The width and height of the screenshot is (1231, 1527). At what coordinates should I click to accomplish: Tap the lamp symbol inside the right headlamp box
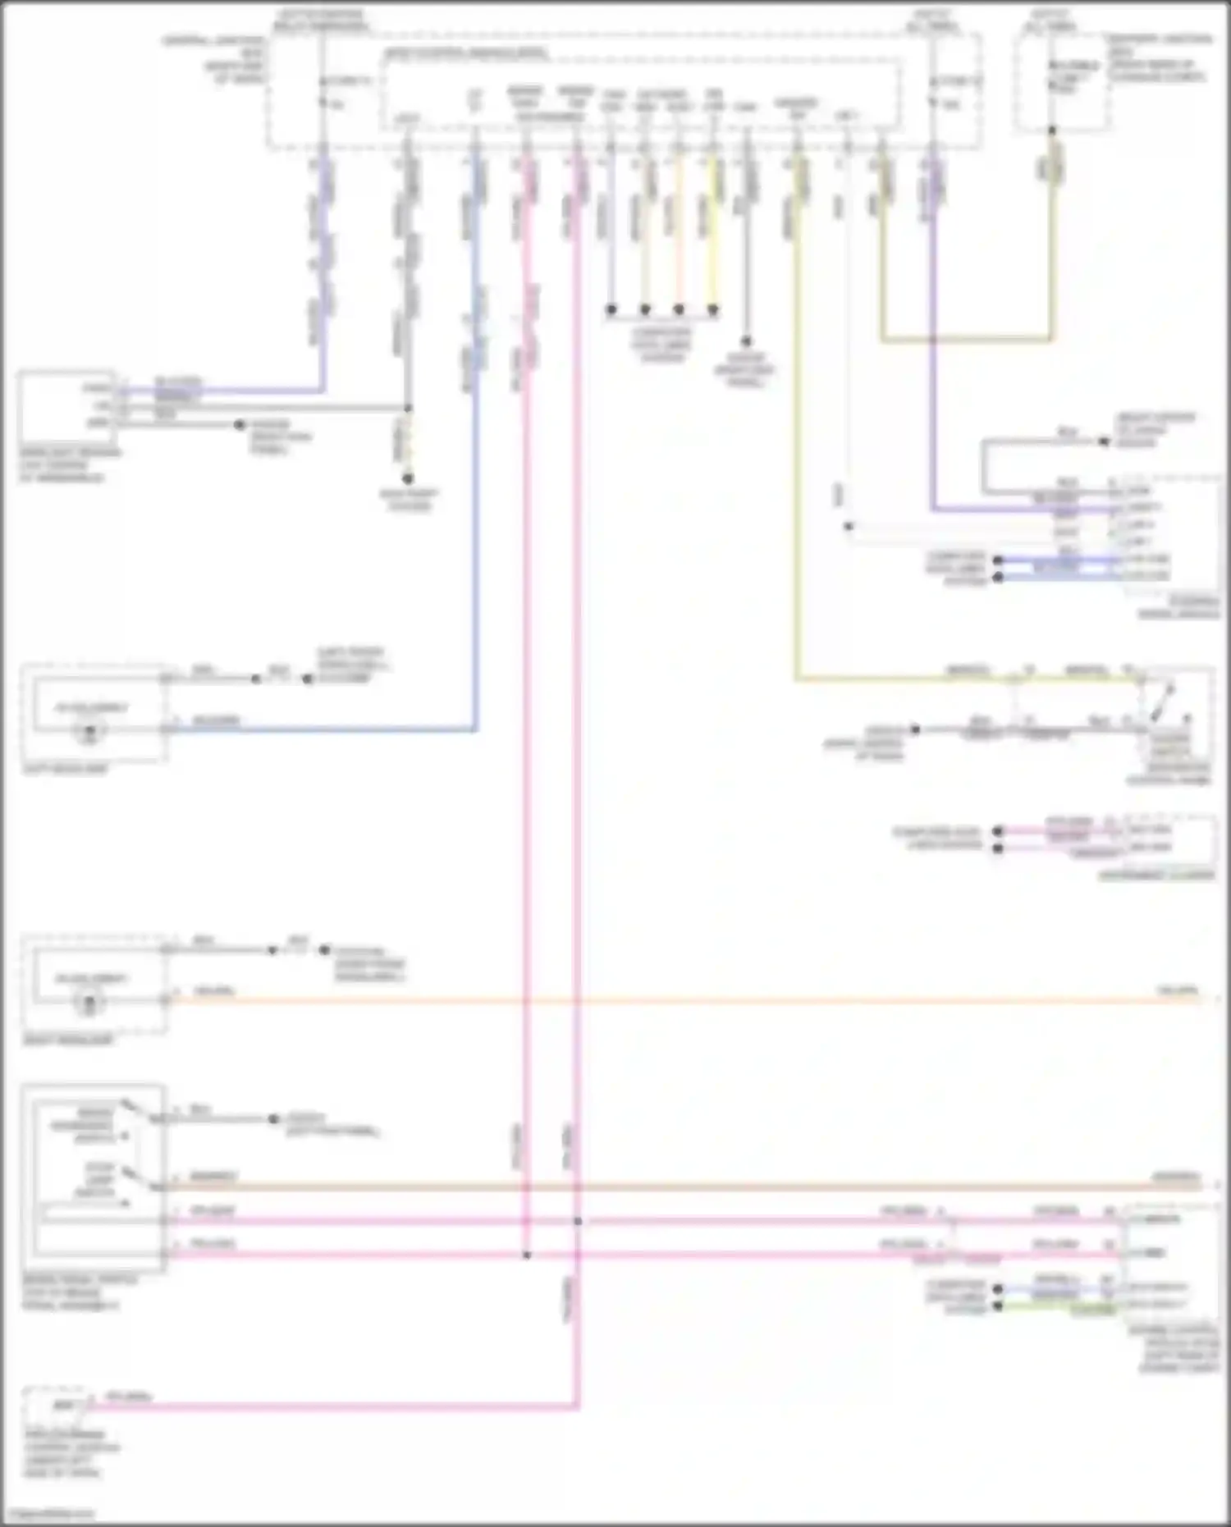90,1001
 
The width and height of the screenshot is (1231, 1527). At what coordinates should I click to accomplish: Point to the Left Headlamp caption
66,770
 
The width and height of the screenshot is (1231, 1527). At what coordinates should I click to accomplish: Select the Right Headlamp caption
67,1040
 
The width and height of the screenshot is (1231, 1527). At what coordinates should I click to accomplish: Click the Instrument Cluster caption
1156,876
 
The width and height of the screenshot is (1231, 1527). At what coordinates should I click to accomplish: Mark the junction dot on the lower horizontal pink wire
527,1255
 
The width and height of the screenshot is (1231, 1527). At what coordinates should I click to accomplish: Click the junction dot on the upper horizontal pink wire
578,1221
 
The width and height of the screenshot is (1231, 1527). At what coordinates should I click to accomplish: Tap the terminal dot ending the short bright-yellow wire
712,310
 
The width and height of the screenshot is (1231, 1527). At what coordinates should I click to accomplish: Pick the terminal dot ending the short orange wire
679,310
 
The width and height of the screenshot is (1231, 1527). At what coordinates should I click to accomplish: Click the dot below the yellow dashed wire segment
408,478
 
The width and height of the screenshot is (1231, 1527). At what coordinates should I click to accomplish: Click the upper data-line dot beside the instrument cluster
998,831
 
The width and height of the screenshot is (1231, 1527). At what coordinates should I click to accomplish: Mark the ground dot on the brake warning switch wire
274,1119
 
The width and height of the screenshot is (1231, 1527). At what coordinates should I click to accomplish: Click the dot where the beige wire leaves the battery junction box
1052,130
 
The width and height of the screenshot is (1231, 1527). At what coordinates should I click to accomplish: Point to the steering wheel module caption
1178,607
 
